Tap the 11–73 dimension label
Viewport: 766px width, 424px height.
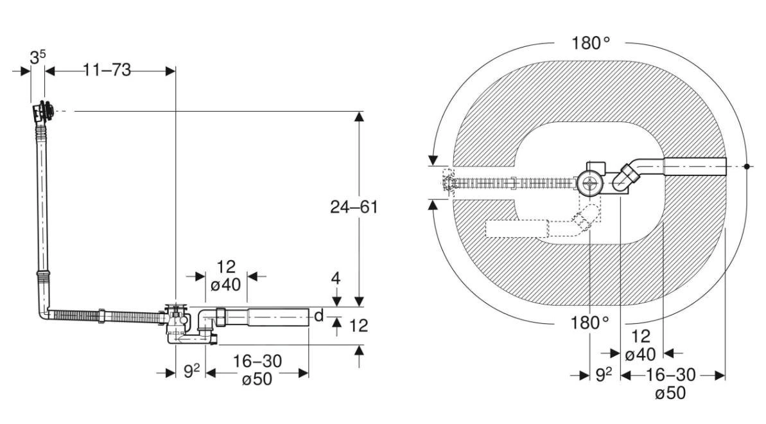pos(106,70)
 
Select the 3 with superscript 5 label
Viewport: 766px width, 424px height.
pos(38,57)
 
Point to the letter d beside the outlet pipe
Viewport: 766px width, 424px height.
pos(318,316)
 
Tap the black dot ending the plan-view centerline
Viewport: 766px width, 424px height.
pos(747,166)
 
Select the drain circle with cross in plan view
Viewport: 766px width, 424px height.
pos(589,183)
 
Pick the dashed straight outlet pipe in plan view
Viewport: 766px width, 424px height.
pos(517,229)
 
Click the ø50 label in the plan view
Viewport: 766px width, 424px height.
pos(670,393)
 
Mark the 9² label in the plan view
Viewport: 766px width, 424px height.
pos(602,375)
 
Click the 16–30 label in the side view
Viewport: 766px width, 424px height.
pos(257,361)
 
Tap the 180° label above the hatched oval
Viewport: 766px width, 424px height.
pos(590,43)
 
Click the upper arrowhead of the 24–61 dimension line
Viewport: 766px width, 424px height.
pos(359,116)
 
